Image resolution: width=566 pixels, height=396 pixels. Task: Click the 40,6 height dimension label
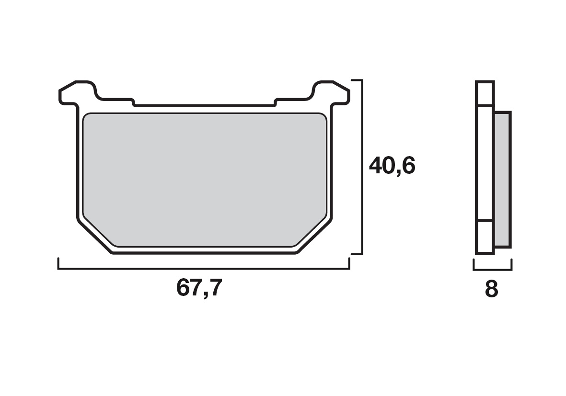coord(392,166)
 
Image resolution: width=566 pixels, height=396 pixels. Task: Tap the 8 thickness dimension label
coord(492,289)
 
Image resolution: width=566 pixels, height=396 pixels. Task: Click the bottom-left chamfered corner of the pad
coord(94,236)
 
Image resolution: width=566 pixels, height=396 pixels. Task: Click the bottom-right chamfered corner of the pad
coord(314,236)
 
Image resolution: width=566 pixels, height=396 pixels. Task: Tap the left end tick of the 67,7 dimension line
coord(58,263)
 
